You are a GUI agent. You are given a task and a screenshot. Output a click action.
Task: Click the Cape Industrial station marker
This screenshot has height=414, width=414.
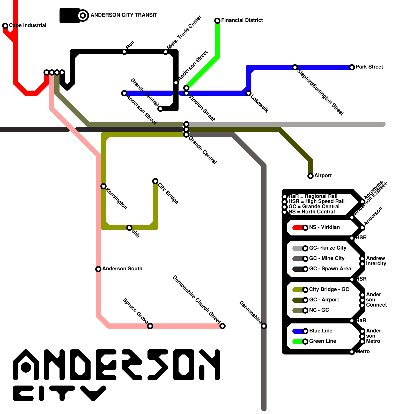click(5, 26)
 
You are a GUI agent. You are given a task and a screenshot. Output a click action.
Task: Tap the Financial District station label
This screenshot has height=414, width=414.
click(242, 20)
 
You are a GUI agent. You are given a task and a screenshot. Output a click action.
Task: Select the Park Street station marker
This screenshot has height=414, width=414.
click(352, 67)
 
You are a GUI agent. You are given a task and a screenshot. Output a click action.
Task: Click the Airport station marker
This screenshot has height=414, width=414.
click(310, 176)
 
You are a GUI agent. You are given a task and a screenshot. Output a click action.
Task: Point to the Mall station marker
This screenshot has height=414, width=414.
click(124, 52)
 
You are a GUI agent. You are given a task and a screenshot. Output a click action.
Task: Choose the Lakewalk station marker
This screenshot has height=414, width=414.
click(248, 93)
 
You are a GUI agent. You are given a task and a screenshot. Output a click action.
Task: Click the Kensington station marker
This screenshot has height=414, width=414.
click(103, 186)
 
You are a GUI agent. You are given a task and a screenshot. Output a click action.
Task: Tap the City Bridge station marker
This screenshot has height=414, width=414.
click(155, 181)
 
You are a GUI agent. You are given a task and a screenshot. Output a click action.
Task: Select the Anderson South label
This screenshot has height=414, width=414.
click(122, 269)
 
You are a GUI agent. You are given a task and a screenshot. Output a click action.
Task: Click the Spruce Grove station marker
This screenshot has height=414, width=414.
click(150, 326)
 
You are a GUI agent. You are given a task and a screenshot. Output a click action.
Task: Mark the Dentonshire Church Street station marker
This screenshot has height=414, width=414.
click(223, 326)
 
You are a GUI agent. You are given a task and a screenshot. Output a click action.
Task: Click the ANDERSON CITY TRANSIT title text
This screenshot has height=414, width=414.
click(124, 15)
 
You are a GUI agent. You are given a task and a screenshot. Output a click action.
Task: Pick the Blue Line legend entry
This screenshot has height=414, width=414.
click(321, 331)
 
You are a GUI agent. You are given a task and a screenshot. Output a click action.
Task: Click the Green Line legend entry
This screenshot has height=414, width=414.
click(322, 341)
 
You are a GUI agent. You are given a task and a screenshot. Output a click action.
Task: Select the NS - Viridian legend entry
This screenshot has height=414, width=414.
click(324, 227)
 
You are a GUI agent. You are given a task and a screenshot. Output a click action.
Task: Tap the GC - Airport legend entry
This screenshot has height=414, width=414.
click(324, 300)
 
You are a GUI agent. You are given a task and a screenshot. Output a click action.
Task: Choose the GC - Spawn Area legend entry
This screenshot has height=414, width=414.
click(330, 269)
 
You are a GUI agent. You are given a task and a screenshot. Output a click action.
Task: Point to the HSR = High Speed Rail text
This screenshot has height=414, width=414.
click(316, 201)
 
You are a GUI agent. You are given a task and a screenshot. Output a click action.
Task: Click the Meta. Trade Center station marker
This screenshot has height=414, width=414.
click(166, 52)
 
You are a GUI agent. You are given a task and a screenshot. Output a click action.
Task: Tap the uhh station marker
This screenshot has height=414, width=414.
click(129, 228)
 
